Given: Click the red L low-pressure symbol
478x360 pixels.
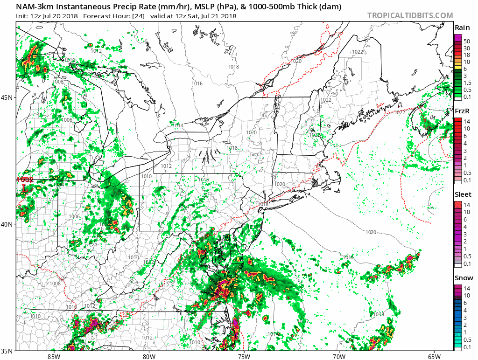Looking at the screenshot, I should pos(25,188).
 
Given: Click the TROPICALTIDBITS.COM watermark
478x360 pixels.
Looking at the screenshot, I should pos(410,15).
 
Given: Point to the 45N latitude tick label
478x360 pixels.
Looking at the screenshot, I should pos(7,97).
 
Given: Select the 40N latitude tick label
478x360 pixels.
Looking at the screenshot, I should pos(7,224).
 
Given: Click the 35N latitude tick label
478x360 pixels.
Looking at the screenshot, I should pos(7,351).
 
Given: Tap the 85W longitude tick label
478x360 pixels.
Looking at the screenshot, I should pos(54,356).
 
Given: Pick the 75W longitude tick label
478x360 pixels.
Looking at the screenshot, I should pos(243,356).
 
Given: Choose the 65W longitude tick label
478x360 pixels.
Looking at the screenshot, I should pos(434,356).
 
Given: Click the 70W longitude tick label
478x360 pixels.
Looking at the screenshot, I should pos(338,356).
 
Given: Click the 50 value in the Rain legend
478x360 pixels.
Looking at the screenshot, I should pos(466,41).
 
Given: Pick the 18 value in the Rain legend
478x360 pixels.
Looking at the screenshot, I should pos(466,55).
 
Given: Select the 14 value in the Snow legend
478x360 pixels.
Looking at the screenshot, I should pos(466,288).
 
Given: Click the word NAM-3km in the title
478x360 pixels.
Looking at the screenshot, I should pos(34,7).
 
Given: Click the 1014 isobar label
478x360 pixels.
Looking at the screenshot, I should pos(178,125).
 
